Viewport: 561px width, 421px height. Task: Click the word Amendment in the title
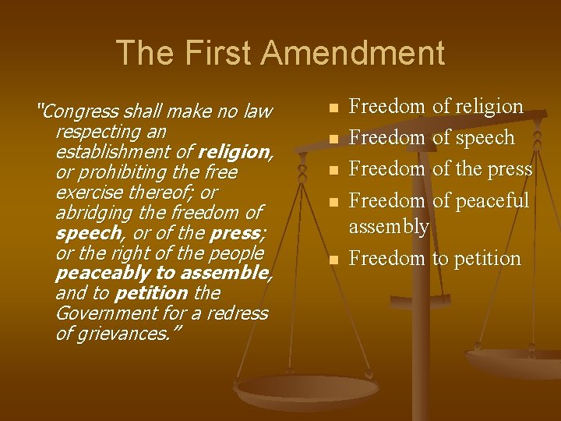pos(352,53)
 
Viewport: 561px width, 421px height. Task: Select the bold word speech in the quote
pos(86,233)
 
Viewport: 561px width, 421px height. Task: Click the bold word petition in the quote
pos(150,294)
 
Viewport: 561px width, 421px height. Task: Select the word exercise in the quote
pos(86,192)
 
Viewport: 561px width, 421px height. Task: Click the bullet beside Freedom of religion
pos(333,108)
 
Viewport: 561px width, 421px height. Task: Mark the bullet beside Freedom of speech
pos(333,139)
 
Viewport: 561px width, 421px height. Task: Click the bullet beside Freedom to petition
pos(333,260)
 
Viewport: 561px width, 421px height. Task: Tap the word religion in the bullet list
pos(489,107)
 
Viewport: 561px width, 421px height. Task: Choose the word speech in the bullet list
pos(484,138)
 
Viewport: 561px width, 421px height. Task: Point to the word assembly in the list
pos(389,227)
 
